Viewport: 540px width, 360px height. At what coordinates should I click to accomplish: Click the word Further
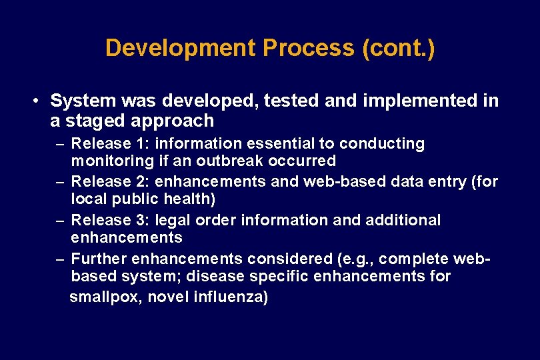(98, 258)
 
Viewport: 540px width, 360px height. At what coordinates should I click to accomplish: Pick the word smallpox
(105, 297)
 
